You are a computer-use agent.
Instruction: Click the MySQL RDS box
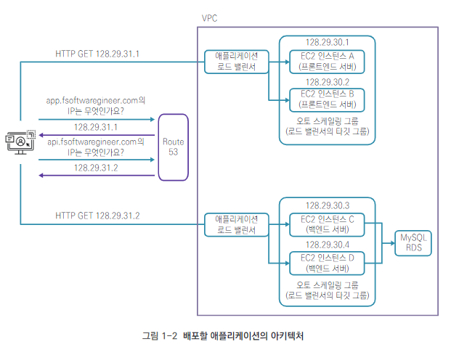click(x=412, y=242)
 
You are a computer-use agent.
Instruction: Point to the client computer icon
click(x=20, y=142)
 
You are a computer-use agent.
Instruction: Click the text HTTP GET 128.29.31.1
click(x=97, y=54)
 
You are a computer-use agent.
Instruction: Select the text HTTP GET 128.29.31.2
click(x=97, y=216)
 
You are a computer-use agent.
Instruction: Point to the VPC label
click(x=209, y=19)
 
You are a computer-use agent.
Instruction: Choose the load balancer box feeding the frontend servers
click(x=235, y=62)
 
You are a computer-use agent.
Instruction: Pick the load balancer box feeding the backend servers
click(x=235, y=224)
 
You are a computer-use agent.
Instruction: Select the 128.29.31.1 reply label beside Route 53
click(x=97, y=126)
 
